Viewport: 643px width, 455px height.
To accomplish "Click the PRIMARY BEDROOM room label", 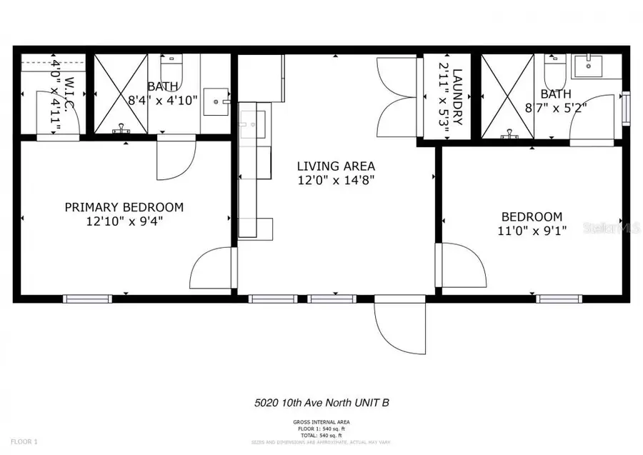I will pyautogui.click(x=124, y=207).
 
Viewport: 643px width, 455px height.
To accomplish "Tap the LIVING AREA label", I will pyautogui.click(x=336, y=166).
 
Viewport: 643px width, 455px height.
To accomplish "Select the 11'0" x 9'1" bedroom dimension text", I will pyautogui.click(x=531, y=231).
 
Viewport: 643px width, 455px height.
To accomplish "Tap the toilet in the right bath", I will pyautogui.click(x=554, y=69).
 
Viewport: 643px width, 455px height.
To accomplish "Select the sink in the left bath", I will pyautogui.click(x=215, y=102).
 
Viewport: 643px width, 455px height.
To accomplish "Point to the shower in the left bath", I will pyautogui.click(x=121, y=93).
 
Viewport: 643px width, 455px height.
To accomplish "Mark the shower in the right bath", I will pyautogui.click(x=507, y=95).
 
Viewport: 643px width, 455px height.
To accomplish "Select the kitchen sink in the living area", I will pyautogui.click(x=251, y=124).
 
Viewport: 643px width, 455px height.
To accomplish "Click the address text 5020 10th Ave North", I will pyautogui.click(x=321, y=403).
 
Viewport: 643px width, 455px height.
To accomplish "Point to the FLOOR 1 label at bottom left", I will pyautogui.click(x=17, y=443).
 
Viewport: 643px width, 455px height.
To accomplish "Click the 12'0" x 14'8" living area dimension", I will pyautogui.click(x=336, y=181).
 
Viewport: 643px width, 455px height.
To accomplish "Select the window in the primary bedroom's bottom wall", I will pyautogui.click(x=87, y=299).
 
